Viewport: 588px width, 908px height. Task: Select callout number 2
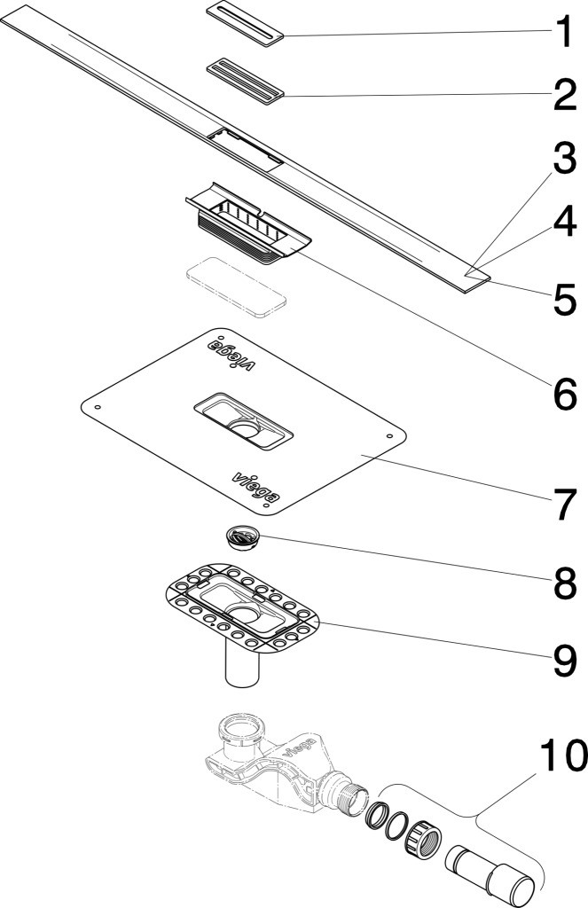pos(565,95)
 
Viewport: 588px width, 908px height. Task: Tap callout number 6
pos(565,395)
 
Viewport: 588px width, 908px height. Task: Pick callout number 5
pos(565,300)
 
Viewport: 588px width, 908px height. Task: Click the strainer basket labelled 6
pos(248,223)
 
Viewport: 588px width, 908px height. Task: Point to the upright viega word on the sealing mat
pos(255,486)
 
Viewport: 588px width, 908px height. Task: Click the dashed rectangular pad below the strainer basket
pos(237,287)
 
